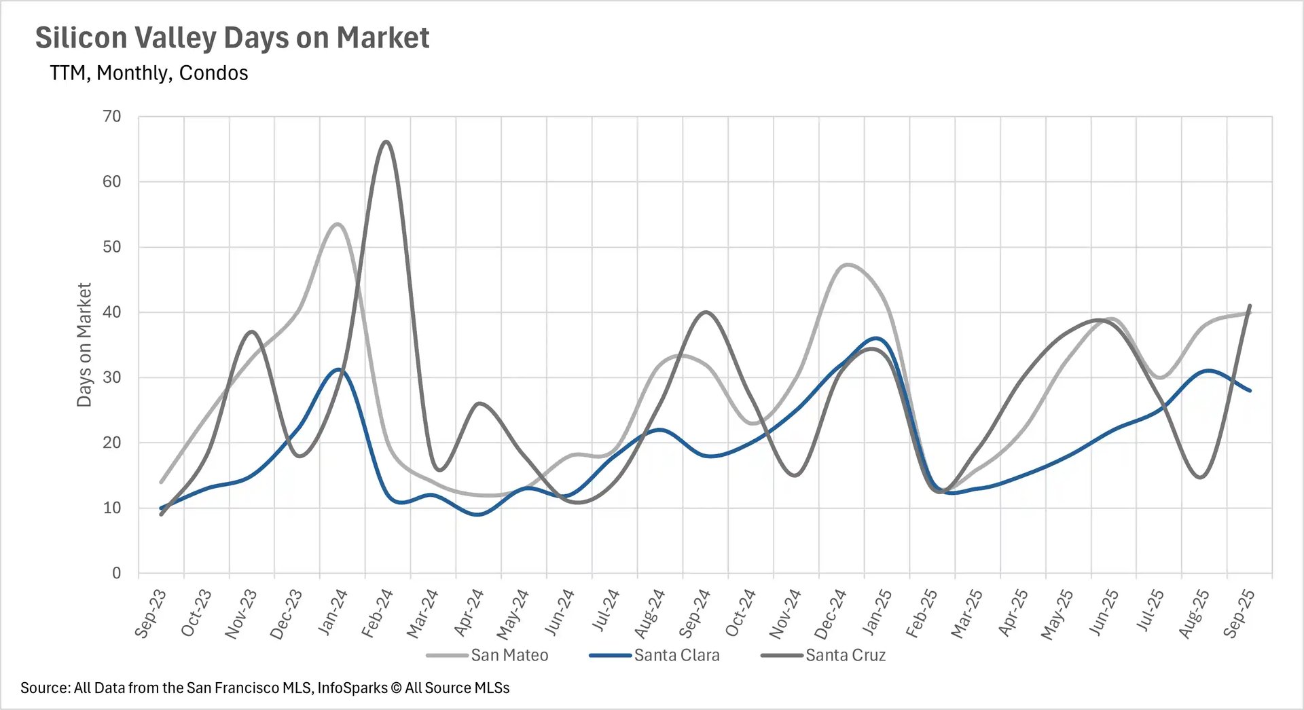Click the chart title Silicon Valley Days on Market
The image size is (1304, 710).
click(x=232, y=38)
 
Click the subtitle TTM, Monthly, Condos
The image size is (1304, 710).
click(x=149, y=73)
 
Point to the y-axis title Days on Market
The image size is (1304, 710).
click(x=84, y=345)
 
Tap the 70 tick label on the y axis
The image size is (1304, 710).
click(x=112, y=117)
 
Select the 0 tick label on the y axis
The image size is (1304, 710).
click(x=116, y=574)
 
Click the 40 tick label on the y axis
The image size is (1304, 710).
click(x=112, y=312)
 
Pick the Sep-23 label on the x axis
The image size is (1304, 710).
click(x=151, y=614)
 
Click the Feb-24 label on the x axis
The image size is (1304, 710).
click(x=378, y=614)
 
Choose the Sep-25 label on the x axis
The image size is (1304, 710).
click(x=1239, y=614)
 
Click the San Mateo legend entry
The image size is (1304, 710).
click(x=509, y=656)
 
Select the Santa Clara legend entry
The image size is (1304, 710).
click(x=676, y=656)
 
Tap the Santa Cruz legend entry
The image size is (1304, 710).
click(x=845, y=656)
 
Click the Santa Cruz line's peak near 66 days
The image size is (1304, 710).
click(x=386, y=142)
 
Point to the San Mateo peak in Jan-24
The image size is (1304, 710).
click(x=338, y=224)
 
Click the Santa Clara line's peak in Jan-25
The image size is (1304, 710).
click(x=876, y=338)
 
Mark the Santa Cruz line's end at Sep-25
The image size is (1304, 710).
click(x=1250, y=306)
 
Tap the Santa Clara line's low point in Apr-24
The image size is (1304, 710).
click(x=478, y=515)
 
